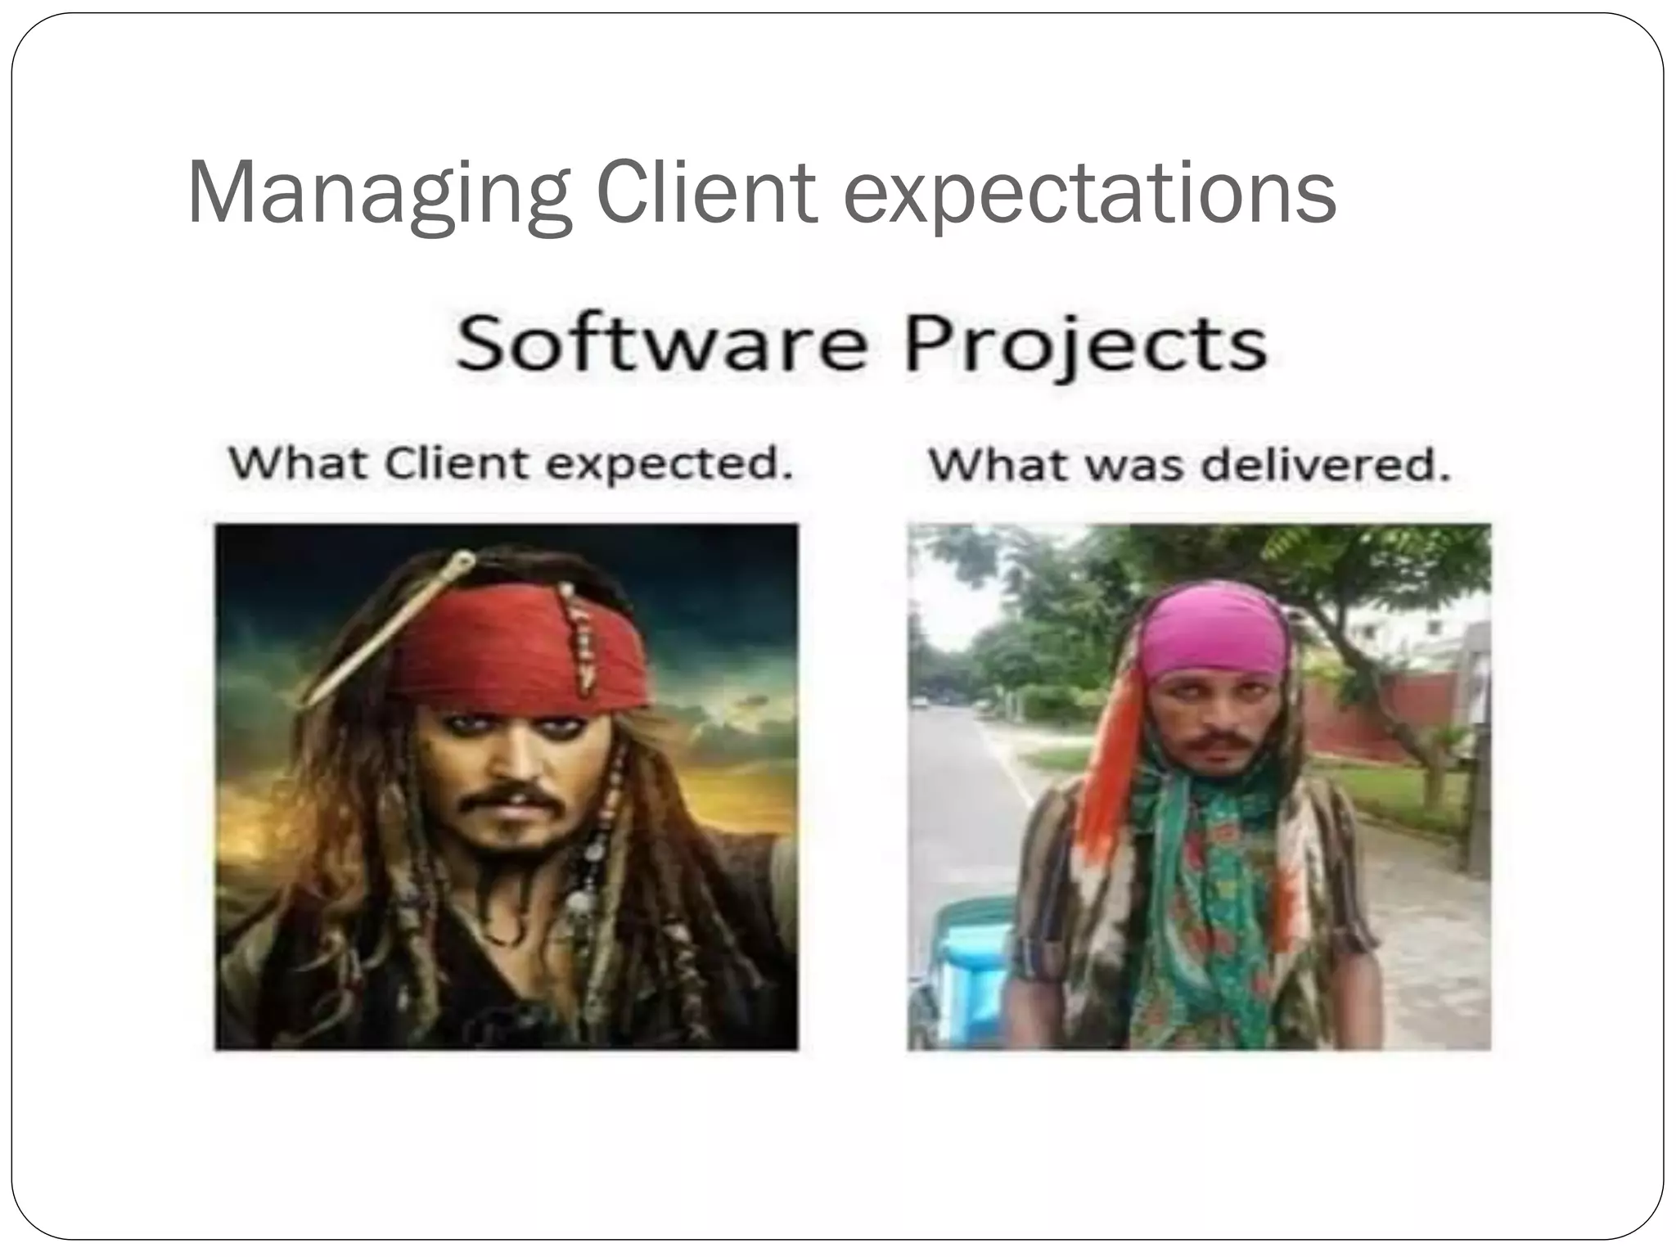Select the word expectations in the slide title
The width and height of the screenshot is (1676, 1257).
tap(1089, 193)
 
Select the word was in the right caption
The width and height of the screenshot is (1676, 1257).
tap(1133, 466)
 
